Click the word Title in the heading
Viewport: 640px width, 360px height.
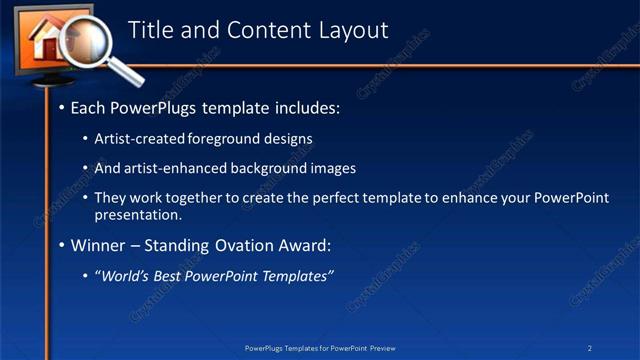click(154, 30)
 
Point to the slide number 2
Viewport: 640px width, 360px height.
click(590, 347)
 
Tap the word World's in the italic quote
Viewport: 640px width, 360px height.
click(125, 276)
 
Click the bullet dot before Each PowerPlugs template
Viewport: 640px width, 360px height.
click(62, 106)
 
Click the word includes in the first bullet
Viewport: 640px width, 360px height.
click(307, 106)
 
